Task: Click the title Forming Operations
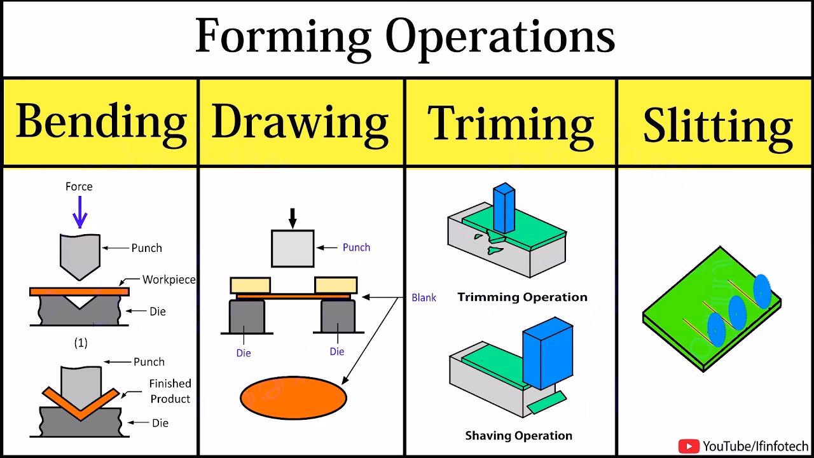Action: pyautogui.click(x=404, y=37)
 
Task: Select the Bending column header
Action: pyautogui.click(x=101, y=122)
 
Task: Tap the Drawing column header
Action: pyautogui.click(x=300, y=122)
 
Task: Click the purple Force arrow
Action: pyautogui.click(x=79, y=212)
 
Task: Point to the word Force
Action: pyautogui.click(x=79, y=186)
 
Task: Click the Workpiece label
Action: pyautogui.click(x=169, y=280)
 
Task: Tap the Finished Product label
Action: pyautogui.click(x=170, y=391)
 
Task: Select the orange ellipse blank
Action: pyautogui.click(x=293, y=398)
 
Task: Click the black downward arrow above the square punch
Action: pyautogui.click(x=293, y=218)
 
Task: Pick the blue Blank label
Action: pyautogui.click(x=424, y=298)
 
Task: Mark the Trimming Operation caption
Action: pyautogui.click(x=522, y=297)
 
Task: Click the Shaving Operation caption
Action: pyautogui.click(x=518, y=436)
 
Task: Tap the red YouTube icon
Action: pyautogui.click(x=689, y=447)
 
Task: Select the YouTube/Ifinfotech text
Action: pyautogui.click(x=755, y=447)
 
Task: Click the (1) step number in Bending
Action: pyautogui.click(x=81, y=343)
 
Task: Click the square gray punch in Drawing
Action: pyautogui.click(x=293, y=248)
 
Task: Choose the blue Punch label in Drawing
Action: pyautogui.click(x=356, y=247)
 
